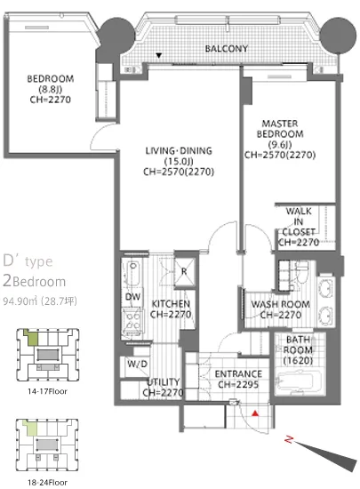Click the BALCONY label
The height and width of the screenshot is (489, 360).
click(x=227, y=49)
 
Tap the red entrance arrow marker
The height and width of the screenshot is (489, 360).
click(x=255, y=413)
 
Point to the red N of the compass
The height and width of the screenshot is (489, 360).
click(x=289, y=440)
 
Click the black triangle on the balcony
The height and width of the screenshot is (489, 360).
click(x=159, y=55)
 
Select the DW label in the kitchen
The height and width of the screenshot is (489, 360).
click(x=132, y=296)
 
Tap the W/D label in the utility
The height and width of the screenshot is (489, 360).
click(x=137, y=364)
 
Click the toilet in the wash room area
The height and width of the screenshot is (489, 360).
click(x=301, y=271)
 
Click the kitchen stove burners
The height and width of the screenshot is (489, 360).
click(x=133, y=321)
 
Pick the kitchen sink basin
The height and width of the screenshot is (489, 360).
click(x=133, y=273)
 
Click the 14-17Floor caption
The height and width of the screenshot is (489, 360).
click(x=47, y=391)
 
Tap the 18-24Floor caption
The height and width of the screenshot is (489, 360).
click(x=47, y=483)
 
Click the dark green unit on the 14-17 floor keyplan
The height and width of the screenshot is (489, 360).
click(x=31, y=338)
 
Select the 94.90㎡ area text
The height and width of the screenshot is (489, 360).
click(x=20, y=301)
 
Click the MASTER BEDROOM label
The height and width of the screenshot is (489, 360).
click(x=280, y=129)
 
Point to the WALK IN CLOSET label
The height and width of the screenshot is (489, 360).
click(x=299, y=221)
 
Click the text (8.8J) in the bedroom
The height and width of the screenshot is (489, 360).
click(x=50, y=89)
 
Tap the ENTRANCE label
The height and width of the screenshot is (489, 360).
click(x=238, y=373)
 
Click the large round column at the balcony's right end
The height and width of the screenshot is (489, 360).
click(x=338, y=35)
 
